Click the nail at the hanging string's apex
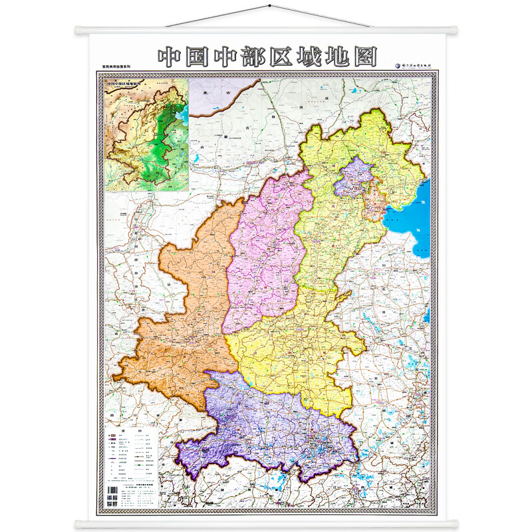[268, 7]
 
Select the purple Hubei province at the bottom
[266, 426]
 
